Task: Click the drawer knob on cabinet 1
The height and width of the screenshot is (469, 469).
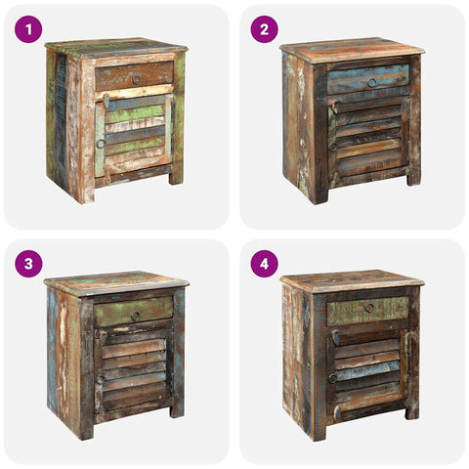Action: [136, 78]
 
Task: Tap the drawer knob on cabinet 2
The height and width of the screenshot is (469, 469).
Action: [371, 83]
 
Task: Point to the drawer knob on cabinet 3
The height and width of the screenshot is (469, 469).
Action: [135, 314]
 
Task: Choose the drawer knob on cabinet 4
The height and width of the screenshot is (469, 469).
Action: [369, 308]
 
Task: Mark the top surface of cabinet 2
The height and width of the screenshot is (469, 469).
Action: [352, 49]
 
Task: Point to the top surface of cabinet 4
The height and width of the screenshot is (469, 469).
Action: [352, 280]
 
